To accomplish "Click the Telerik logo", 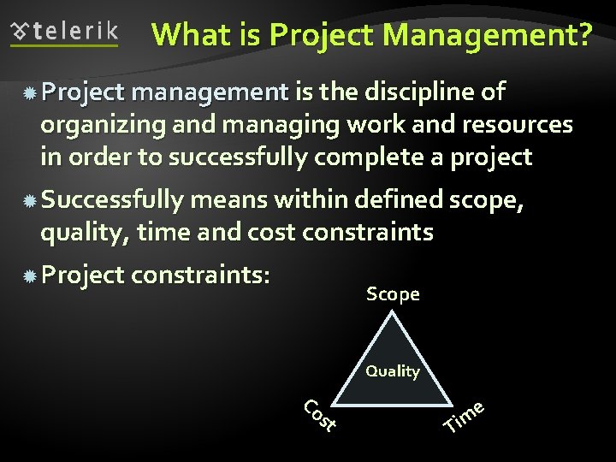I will click(x=64, y=33).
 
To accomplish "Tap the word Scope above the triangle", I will click(x=393, y=294).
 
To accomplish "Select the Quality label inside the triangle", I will click(x=393, y=371).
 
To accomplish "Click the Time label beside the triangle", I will click(x=465, y=416).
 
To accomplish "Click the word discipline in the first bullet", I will click(x=414, y=92).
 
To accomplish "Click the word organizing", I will click(x=102, y=126).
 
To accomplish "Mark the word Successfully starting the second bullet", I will click(x=112, y=201).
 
